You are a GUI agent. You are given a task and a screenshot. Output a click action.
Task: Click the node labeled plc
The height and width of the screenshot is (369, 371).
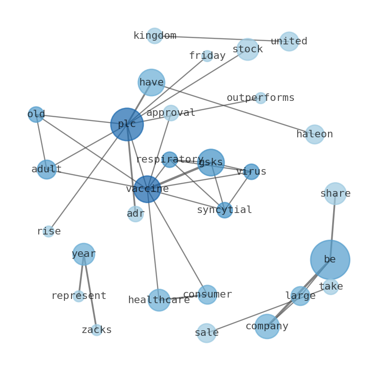click(x=127, y=124)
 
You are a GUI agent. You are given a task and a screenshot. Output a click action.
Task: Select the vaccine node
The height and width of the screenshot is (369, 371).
click(x=147, y=189)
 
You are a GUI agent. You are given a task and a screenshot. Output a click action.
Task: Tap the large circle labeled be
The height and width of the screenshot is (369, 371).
click(x=330, y=259)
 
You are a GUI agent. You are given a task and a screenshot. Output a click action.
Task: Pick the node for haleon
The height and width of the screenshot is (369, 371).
click(x=314, y=134)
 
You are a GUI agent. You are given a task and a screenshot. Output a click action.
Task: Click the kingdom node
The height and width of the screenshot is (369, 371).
click(x=154, y=36)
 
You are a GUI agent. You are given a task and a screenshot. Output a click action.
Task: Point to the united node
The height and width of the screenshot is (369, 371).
click(x=289, y=42)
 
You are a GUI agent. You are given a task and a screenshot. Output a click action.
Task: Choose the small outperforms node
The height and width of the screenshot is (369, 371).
click(x=261, y=98)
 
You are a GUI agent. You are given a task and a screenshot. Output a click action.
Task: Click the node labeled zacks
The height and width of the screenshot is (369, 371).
click(x=96, y=330)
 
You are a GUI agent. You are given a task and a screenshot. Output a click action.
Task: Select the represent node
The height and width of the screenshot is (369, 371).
click(x=78, y=296)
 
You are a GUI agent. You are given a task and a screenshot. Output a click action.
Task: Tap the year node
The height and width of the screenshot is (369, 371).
click(x=84, y=254)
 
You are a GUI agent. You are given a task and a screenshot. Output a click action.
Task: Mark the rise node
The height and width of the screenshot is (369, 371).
click(x=49, y=231)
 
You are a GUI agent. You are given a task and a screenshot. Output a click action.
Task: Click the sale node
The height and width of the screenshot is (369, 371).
click(x=206, y=333)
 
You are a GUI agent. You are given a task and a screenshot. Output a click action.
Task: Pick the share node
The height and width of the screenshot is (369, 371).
click(x=335, y=193)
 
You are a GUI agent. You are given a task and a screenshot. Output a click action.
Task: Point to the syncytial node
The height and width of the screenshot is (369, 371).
click(x=224, y=210)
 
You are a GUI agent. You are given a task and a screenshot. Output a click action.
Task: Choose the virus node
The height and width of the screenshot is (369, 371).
click(x=251, y=171)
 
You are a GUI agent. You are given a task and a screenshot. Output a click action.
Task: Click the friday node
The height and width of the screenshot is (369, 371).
click(x=207, y=56)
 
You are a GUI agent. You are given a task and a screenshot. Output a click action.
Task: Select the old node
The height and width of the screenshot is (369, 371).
click(x=36, y=114)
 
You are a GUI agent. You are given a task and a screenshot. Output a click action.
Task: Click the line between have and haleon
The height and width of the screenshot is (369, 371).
click(x=234, y=108)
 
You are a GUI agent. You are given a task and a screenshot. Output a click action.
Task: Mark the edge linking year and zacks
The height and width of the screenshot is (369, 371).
click(x=90, y=292)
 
